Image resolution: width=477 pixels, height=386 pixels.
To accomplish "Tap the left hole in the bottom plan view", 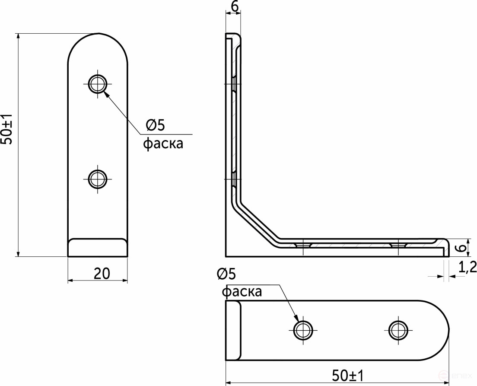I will coord(304,330).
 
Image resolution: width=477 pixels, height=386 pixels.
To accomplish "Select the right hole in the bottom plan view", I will coord(398,330).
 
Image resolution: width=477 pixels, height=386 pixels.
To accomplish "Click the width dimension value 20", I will coord(102,273).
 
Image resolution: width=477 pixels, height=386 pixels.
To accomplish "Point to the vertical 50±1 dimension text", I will coord(7,130).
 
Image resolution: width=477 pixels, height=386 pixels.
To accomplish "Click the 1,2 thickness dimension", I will coord(467,268).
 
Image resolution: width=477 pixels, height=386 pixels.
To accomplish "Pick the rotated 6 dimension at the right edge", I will coord(461,248).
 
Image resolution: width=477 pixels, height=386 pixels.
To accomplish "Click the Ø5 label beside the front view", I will coord(156,125).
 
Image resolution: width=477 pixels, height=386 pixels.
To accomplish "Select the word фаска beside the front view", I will coord(163,144).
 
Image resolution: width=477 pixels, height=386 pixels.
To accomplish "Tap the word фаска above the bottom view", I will coord(242,292).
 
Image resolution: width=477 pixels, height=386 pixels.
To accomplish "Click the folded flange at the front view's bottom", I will coord(98,247).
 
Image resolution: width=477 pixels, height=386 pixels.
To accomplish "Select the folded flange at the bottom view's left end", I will coord(233,330).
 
